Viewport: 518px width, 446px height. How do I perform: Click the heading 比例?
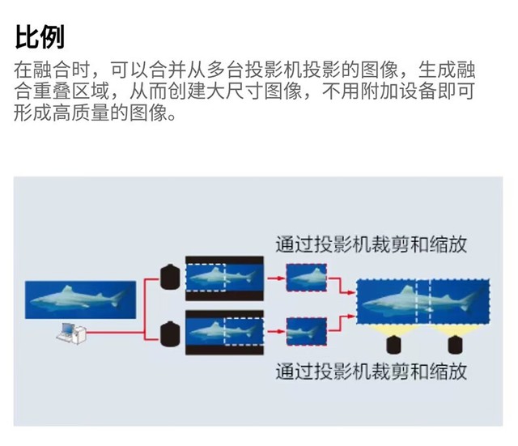coord(39,36)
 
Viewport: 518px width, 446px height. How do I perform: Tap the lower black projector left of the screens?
coord(170,331)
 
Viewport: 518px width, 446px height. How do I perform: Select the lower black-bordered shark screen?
coord(223,332)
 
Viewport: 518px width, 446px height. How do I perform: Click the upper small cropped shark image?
coord(307,278)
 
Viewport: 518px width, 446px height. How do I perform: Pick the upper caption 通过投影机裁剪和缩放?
coord(372,244)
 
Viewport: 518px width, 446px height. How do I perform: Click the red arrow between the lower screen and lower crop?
coord(275,332)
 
